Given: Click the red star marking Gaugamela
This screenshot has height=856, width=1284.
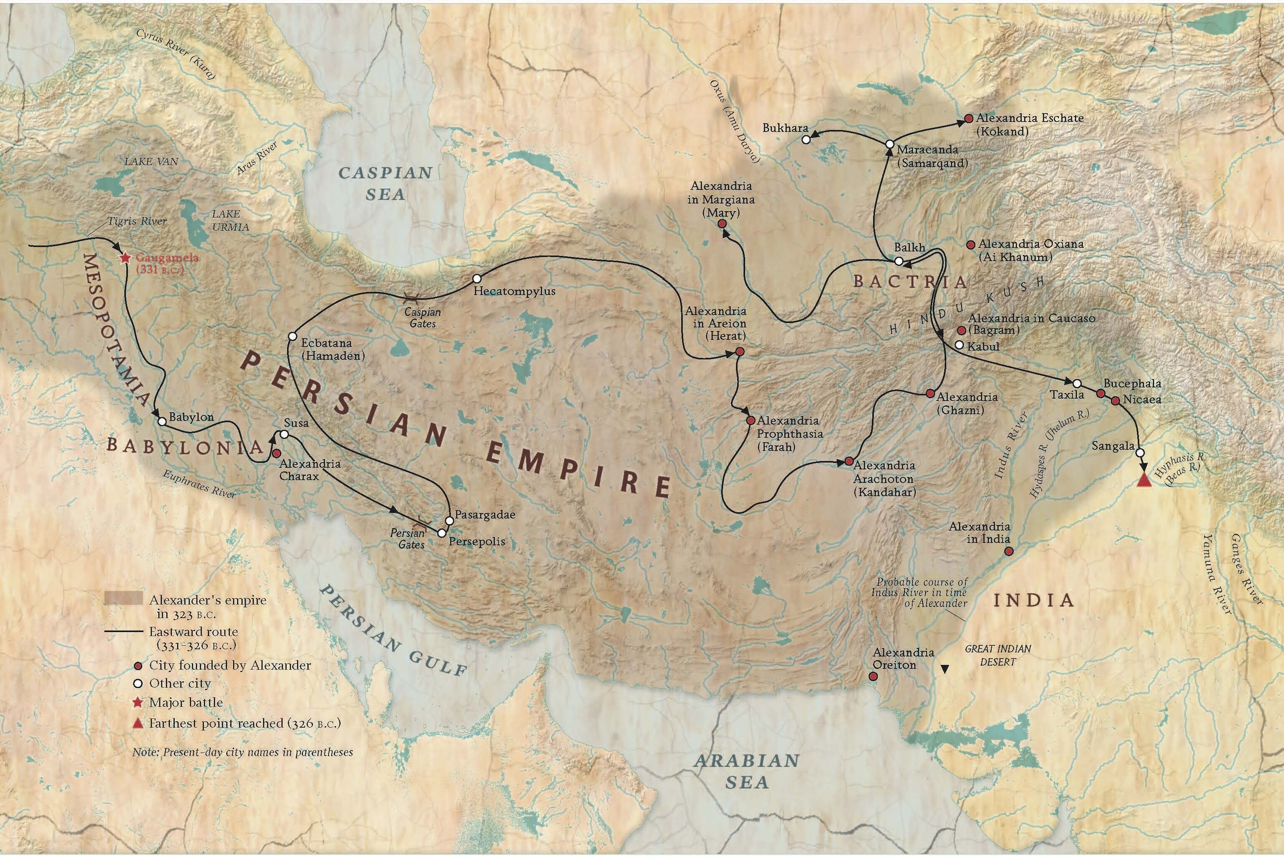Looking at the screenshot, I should tap(125, 257).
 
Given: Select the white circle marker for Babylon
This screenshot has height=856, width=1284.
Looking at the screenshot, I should tap(162, 421).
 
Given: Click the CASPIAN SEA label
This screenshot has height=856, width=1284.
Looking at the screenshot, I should tap(385, 183).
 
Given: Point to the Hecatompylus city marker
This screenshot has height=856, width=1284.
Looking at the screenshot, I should tap(476, 278).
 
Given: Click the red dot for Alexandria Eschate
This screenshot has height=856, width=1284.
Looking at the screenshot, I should tap(969, 118).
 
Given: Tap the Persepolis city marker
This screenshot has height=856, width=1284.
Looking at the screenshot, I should tap(442, 533).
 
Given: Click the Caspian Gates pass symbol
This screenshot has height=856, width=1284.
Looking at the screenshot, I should tap(412, 298).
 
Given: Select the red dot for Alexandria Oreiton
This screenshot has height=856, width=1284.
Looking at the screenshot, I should tap(873, 676).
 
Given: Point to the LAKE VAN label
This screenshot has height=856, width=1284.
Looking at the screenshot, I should tap(151, 162).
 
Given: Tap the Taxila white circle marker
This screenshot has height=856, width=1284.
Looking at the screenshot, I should tap(1077, 383).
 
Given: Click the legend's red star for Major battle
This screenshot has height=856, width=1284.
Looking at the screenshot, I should tap(138, 703).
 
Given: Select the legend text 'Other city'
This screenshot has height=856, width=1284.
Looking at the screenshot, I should tap(180, 683).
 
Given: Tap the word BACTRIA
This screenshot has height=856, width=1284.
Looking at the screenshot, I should tap(909, 282).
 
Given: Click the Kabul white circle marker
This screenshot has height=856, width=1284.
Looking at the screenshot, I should tap(959, 345).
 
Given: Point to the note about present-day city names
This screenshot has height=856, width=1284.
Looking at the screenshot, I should tap(242, 752).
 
